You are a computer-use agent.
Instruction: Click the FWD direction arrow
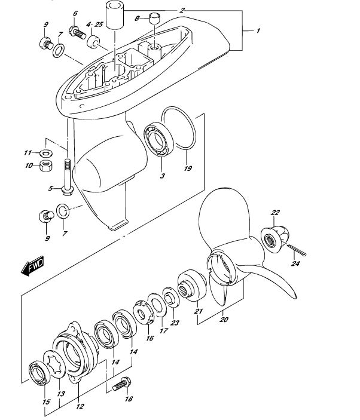point(32,266)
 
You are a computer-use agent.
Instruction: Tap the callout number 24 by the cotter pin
point(295,263)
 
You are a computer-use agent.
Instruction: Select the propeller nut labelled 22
point(275,239)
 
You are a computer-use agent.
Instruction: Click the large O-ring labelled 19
point(179,128)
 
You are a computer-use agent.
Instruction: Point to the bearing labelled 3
point(159,139)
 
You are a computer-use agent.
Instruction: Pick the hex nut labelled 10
point(46,165)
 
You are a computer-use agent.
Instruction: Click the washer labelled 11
point(46,154)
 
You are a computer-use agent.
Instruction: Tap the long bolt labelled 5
point(68,177)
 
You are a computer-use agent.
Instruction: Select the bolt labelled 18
point(122,384)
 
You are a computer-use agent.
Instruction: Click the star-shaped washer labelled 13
point(54,364)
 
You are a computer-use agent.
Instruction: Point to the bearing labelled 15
point(39,373)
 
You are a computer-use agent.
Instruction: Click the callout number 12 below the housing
point(80,406)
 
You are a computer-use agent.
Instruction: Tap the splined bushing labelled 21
point(192,285)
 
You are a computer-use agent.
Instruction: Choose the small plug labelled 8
point(154,18)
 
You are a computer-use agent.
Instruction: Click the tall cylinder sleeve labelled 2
point(115,14)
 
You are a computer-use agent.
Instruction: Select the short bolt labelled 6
point(78,33)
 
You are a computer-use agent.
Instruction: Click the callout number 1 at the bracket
point(258,31)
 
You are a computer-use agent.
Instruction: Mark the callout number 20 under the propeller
point(224,319)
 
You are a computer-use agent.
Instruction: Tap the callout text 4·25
point(94,24)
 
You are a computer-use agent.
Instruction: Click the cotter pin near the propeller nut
point(294,249)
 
